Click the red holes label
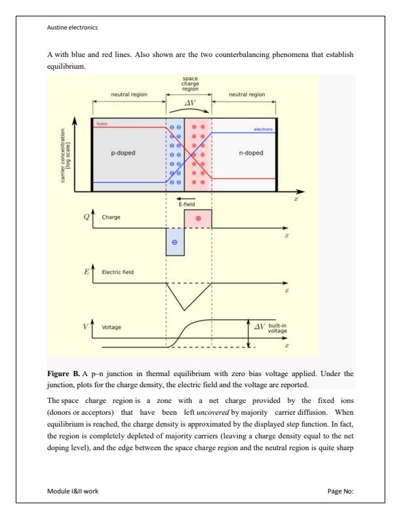pyautogui.click(x=103, y=123)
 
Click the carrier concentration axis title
pyautogui.click(x=66, y=153)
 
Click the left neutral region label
pyautogui.click(x=128, y=94)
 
